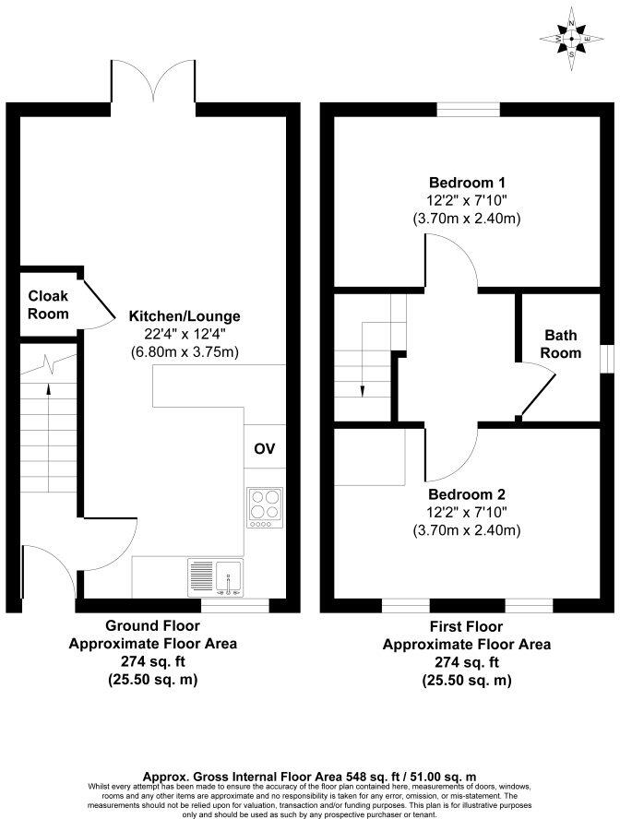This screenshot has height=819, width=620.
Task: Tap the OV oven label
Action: point(264,449)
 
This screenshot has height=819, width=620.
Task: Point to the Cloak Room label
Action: point(47,304)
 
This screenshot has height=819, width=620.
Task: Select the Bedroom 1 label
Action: point(466,182)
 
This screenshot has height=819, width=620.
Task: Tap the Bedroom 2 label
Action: point(466,494)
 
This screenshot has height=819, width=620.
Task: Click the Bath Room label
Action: point(562,344)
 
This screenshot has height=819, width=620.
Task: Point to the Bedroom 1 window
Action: point(469,109)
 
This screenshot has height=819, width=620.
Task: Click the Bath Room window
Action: point(606,358)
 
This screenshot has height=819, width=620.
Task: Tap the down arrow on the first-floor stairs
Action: point(362,387)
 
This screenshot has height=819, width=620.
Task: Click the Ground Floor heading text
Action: point(152,627)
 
